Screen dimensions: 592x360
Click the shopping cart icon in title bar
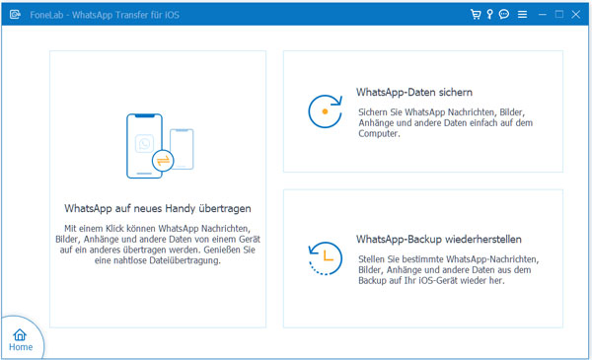(x=476, y=15)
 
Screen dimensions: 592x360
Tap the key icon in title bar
(x=489, y=15)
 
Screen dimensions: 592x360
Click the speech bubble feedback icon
(x=504, y=15)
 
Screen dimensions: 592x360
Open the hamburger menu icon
(x=523, y=15)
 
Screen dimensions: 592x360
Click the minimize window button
(x=543, y=15)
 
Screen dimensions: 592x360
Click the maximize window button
(x=559, y=15)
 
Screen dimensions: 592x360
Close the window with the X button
(x=576, y=15)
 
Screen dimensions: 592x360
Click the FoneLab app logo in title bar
(x=15, y=15)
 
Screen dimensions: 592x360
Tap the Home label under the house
(x=21, y=347)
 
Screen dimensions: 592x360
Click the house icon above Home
(x=20, y=334)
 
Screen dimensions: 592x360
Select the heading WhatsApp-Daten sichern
(x=414, y=92)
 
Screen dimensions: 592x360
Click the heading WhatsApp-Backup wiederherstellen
(x=439, y=240)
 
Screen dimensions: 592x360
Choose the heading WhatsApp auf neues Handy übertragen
(x=158, y=208)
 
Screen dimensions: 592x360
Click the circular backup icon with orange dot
(x=325, y=111)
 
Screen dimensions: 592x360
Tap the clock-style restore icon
(x=325, y=258)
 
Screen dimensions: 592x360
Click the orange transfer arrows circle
(x=163, y=161)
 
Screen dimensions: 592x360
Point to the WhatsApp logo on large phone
(x=145, y=143)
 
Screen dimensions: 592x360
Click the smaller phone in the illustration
(x=182, y=149)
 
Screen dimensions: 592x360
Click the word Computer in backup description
(x=379, y=133)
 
